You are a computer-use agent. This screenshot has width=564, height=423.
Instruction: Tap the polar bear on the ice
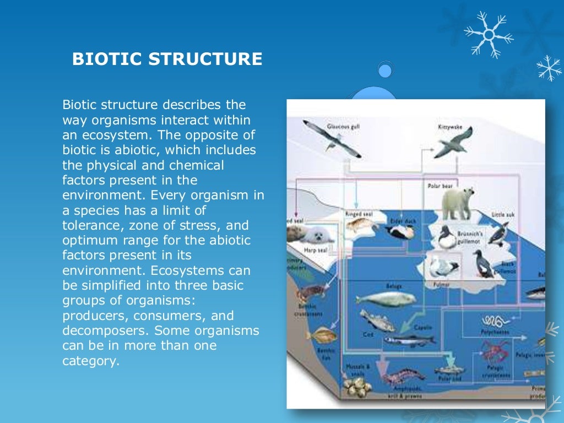(457, 202)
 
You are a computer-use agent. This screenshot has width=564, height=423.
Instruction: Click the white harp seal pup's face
(317, 235)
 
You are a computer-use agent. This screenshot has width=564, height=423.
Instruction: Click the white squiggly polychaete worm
(494, 321)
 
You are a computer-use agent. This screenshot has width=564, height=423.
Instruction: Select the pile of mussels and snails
(358, 386)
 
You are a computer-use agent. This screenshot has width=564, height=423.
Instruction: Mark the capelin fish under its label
(409, 340)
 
